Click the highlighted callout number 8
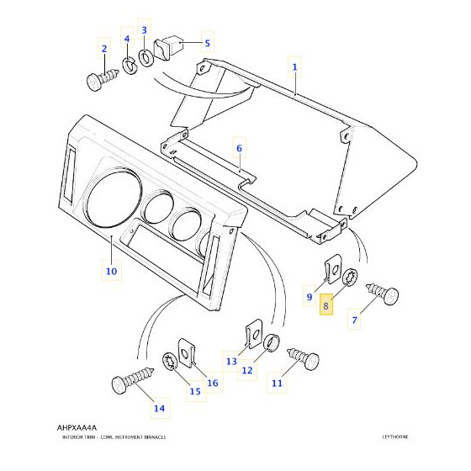[x=326, y=306]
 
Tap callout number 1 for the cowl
[x=294, y=67]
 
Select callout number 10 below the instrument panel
[x=111, y=271]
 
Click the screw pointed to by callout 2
[x=102, y=79]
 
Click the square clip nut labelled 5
[x=168, y=47]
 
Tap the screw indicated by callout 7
[x=383, y=294]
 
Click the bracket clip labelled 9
[x=332, y=269]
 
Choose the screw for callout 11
[x=303, y=358]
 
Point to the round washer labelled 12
[x=272, y=341]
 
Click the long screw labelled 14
[x=132, y=380]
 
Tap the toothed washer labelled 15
[x=170, y=362]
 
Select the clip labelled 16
[x=187, y=353]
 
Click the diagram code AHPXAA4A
[x=77, y=427]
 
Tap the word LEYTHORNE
[x=395, y=437]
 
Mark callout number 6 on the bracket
[x=239, y=148]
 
